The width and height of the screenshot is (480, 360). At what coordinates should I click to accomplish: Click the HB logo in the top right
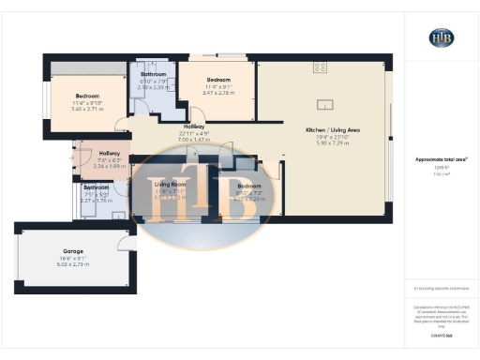(441, 37)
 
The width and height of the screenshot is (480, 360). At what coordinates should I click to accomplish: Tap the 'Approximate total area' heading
(441, 159)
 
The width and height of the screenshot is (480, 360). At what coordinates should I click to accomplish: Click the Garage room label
(73, 252)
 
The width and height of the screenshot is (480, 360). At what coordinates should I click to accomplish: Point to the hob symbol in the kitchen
(322, 67)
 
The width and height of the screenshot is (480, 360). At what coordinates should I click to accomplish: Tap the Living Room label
(171, 185)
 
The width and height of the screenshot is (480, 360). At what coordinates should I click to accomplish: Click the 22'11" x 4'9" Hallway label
(194, 126)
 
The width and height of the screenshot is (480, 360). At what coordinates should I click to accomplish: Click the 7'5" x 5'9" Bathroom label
(96, 187)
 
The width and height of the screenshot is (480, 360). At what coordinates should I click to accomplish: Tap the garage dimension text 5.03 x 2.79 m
(73, 265)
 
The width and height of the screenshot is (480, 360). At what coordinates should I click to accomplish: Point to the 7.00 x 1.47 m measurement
(194, 139)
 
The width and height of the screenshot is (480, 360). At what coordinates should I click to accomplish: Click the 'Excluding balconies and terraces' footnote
(441, 290)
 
